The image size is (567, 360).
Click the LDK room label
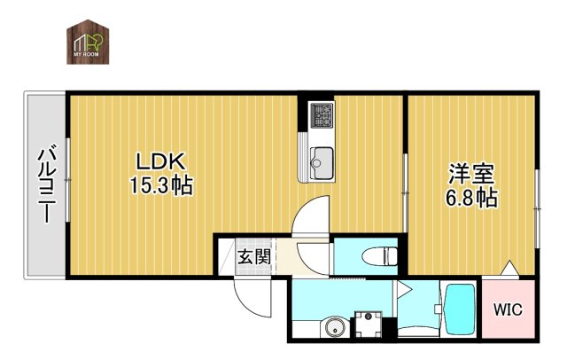pyautogui.click(x=159, y=162)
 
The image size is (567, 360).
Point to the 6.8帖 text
pyautogui.click(x=470, y=198)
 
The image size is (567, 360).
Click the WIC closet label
pyautogui.click(x=508, y=310)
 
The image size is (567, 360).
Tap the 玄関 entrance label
pyautogui.click(x=253, y=258)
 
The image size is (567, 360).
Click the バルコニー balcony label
pyautogui.click(x=46, y=185)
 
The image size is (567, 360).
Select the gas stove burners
pyautogui.click(x=320, y=114)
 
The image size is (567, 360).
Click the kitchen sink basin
pyautogui.click(x=320, y=160)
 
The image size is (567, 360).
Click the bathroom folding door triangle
pyautogui.click(x=405, y=289)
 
